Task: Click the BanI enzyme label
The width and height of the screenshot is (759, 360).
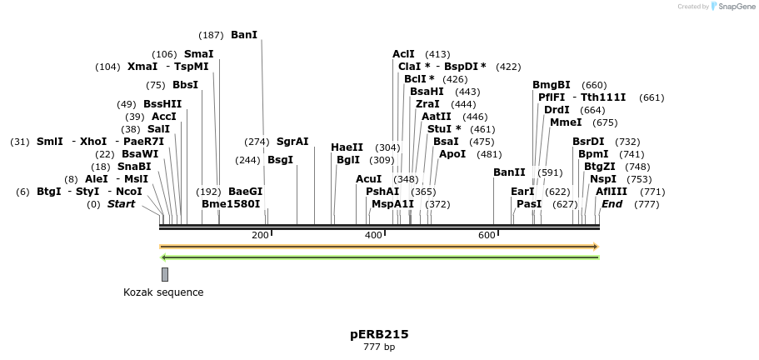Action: pyautogui.click(x=244, y=35)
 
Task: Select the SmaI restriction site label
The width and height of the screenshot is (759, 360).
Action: pyautogui.click(x=198, y=54)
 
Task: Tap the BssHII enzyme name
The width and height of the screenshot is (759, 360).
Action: pyautogui.click(x=162, y=104)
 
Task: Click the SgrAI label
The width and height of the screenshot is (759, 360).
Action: pyautogui.click(x=292, y=142)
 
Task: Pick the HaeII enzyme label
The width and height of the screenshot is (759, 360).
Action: pyautogui.click(x=347, y=147)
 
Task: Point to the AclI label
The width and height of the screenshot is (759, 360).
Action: pyautogui.click(x=403, y=54)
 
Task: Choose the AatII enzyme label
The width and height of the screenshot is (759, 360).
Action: pyautogui.click(x=436, y=117)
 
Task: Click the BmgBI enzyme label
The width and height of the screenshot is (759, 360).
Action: pyautogui.click(x=552, y=85)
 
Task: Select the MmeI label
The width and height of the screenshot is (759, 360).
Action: pyautogui.click(x=566, y=122)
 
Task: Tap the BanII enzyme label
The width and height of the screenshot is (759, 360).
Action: pyautogui.click(x=509, y=172)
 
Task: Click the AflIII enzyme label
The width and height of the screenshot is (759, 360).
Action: pyautogui.click(x=612, y=192)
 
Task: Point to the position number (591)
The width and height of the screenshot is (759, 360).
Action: pyautogui.click(x=550, y=173)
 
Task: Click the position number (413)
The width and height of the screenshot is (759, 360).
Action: pyautogui.click(x=437, y=54)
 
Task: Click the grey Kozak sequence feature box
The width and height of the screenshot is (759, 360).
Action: pyautogui.click(x=165, y=274)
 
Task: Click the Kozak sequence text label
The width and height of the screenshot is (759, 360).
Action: pyautogui.click(x=163, y=292)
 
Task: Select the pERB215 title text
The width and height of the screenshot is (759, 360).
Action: pyautogui.click(x=379, y=334)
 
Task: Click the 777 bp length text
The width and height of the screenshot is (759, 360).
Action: pyautogui.click(x=379, y=347)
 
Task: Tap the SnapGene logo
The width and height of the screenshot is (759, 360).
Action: pyautogui.click(x=733, y=7)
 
